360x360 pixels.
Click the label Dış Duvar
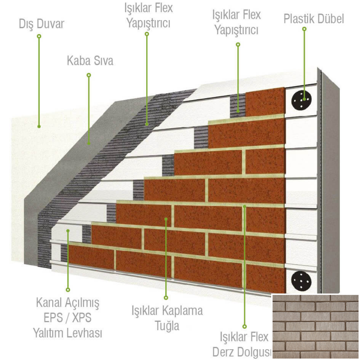tap(41, 24)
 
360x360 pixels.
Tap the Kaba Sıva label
tap(90, 61)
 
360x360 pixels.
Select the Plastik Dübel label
tap(314, 19)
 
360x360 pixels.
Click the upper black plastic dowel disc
tap(301, 100)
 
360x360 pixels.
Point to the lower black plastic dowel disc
tap(301, 282)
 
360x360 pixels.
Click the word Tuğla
tap(167, 326)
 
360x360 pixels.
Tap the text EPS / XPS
tap(68, 318)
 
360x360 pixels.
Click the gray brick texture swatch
tap(315, 327)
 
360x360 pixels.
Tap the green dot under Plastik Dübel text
tap(304, 29)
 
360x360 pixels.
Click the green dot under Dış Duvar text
tap(39, 36)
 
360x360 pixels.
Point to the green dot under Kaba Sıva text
tap(89, 75)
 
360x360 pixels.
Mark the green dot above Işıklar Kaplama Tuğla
tap(166, 298)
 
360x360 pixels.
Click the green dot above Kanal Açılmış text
tap(68, 290)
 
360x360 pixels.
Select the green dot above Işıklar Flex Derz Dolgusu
tap(244, 327)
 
